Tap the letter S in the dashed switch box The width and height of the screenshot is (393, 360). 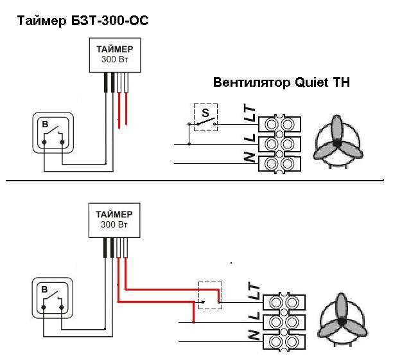pos(205,113)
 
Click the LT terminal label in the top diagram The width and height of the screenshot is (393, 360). pos(249,114)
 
